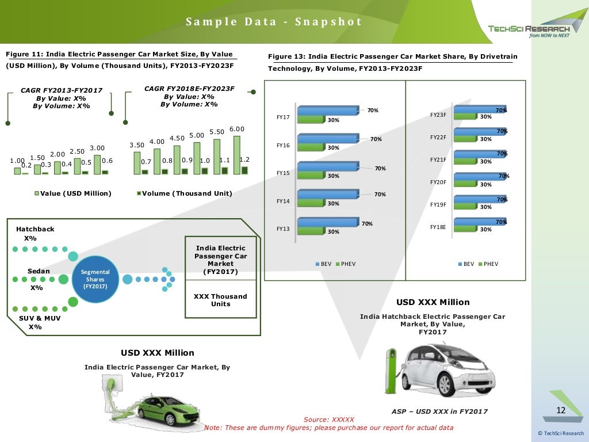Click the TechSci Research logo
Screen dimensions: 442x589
pos(529,29)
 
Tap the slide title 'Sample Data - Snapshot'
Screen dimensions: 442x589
pos(274,22)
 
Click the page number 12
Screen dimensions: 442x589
pos(561,410)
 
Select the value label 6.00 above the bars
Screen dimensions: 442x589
pos(237,129)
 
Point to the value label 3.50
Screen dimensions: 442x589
pos(137,145)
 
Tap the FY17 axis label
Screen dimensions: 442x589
pos(282,117)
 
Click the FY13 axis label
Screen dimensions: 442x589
pos(282,229)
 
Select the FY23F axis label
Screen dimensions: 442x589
pos(438,115)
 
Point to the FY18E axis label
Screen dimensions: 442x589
pos(438,227)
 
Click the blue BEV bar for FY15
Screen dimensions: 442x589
pos(327,166)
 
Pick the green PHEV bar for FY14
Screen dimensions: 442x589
pos(311,202)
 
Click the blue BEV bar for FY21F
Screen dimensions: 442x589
pos(479,154)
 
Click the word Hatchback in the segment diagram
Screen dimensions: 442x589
pos(35,229)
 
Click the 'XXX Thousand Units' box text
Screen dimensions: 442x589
pos(220,300)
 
